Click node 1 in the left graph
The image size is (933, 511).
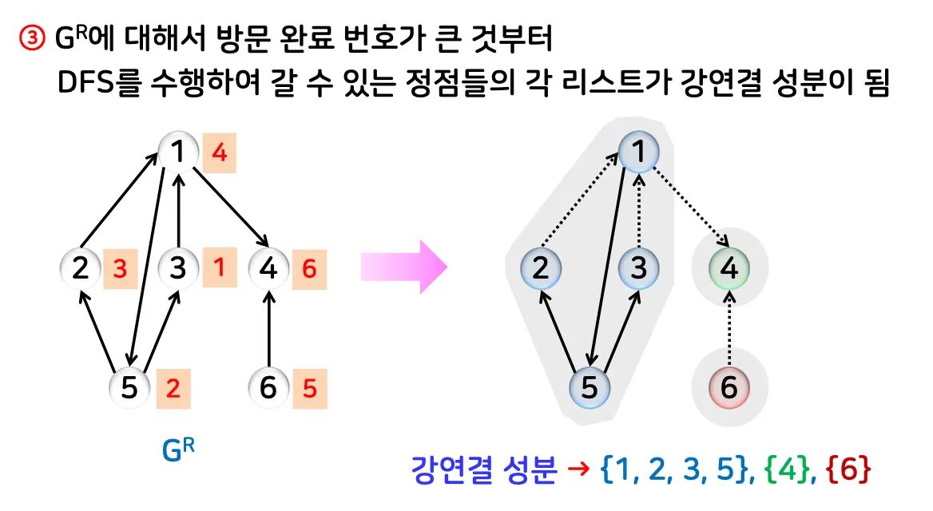pos(179,150)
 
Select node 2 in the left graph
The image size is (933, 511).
pos(80,269)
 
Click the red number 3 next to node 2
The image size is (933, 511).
pos(120,270)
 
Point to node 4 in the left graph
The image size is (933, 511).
pos(269,269)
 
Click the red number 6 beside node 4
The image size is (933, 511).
pos(309,270)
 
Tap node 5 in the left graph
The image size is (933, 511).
pos(129,388)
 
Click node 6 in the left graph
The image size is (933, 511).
pos(269,388)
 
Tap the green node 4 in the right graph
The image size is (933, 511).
pos(729,268)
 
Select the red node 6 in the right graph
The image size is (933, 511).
pos(729,388)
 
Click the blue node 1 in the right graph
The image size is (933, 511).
pos(638,150)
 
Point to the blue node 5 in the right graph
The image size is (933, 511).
pos(590,388)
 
